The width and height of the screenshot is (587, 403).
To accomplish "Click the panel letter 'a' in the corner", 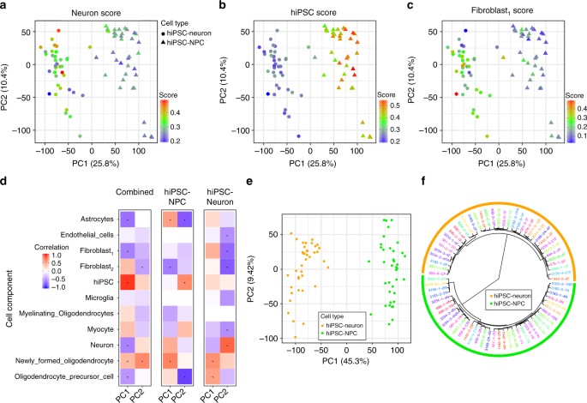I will click(5, 6).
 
